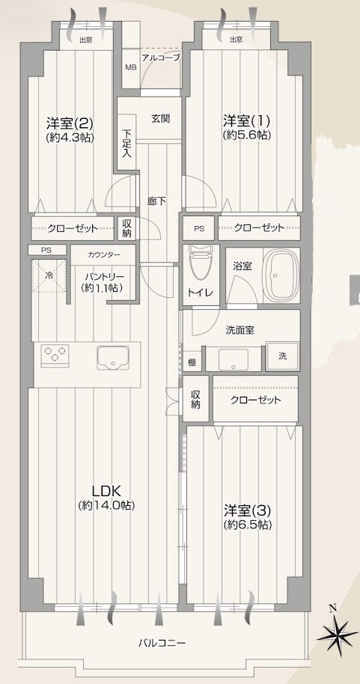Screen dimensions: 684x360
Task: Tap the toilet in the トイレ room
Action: (x=198, y=266)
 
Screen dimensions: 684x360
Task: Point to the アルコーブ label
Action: (x=162, y=57)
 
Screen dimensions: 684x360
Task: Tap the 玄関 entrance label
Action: (x=160, y=118)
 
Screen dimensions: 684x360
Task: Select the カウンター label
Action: (x=103, y=254)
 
